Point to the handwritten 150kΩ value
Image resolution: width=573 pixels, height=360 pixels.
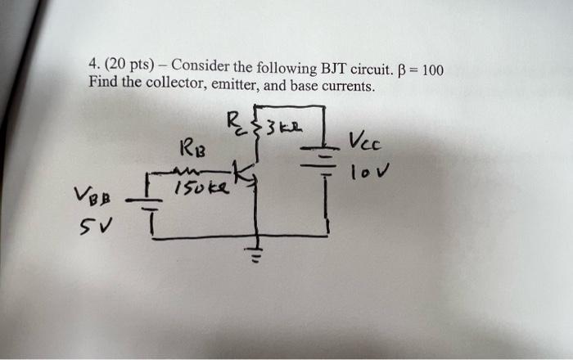(x=197, y=188)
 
